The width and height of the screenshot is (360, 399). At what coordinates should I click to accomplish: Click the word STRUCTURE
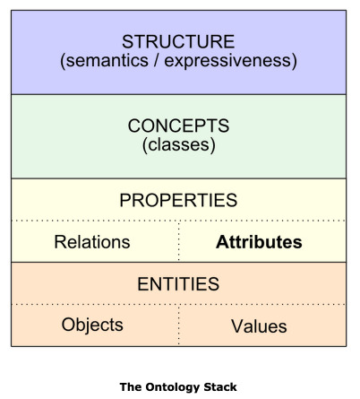point(178,41)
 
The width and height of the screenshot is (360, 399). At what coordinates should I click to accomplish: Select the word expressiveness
point(227,61)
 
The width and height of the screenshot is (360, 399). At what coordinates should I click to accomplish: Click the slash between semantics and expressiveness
point(156,61)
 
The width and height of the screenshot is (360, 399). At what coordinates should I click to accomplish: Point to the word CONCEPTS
point(178,126)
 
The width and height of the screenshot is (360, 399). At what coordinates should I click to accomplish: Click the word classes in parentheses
point(178,144)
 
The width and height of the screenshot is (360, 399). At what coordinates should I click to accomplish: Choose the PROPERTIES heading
point(178,200)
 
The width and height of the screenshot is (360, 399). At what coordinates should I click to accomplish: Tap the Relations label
point(92,241)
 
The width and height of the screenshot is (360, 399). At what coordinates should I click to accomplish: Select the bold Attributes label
point(259,242)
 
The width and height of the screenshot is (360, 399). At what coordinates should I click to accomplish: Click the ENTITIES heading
point(178,283)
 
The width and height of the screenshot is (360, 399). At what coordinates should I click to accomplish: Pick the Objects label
point(92,325)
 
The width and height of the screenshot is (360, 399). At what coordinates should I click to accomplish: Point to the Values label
point(259,325)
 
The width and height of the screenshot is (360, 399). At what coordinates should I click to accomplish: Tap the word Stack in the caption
point(220,386)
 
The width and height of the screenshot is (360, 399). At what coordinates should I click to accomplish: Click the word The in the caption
point(131,386)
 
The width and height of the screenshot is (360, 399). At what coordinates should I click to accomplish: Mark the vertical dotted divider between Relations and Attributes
point(179,241)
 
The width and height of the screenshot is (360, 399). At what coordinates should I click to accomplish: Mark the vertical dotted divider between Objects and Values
point(179,325)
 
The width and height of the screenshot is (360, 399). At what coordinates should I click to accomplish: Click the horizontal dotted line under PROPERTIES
point(178,221)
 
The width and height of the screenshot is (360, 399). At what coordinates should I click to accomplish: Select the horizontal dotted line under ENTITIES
point(178,304)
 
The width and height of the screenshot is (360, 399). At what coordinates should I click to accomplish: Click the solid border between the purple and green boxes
point(178,94)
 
